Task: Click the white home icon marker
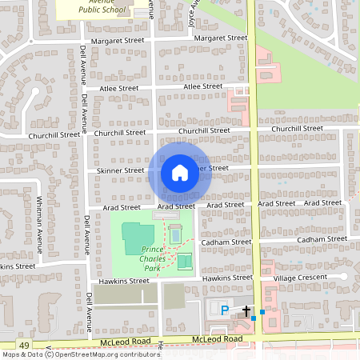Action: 180,173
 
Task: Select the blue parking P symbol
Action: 225,310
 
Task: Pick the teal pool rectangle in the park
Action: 175,235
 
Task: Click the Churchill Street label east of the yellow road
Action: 297,129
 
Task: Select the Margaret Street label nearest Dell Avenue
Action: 118,40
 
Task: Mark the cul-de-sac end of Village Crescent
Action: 344,276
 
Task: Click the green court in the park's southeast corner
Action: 184,262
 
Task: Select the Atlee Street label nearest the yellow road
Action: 202,86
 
